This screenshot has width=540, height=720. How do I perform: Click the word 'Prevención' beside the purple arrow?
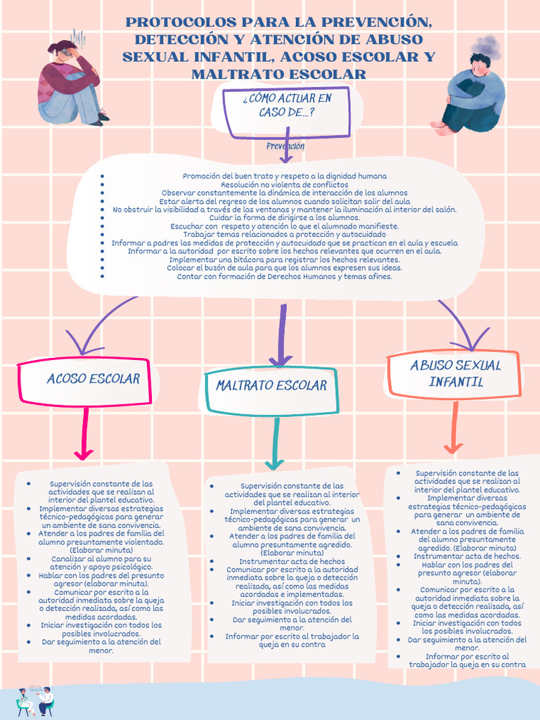click(x=285, y=146)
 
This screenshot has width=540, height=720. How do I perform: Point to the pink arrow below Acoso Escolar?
click(x=84, y=433)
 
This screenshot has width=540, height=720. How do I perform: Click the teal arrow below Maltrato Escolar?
click(x=276, y=443)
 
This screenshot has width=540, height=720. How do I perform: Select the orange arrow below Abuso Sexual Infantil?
click(x=455, y=427)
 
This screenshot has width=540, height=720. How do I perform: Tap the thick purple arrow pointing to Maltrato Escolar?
click(x=281, y=335)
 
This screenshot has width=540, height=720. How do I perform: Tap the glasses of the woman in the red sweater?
click(x=68, y=53)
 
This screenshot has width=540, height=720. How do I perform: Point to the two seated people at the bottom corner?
click(x=35, y=701)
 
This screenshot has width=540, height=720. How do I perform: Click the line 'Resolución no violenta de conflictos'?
click(x=285, y=185)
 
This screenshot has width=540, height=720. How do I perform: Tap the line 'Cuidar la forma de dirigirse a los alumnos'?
click(x=285, y=218)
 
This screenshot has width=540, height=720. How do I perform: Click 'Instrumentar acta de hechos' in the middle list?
click(x=292, y=561)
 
